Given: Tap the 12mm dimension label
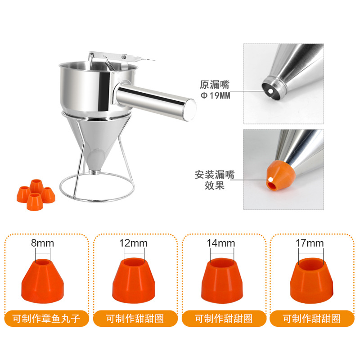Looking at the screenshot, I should click(134, 244).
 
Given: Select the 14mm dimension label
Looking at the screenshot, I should click(221, 244).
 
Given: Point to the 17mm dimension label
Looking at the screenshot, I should click(310, 244).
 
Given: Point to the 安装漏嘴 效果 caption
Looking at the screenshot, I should click(215, 180).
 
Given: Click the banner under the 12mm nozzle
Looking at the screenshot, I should click(134, 319).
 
